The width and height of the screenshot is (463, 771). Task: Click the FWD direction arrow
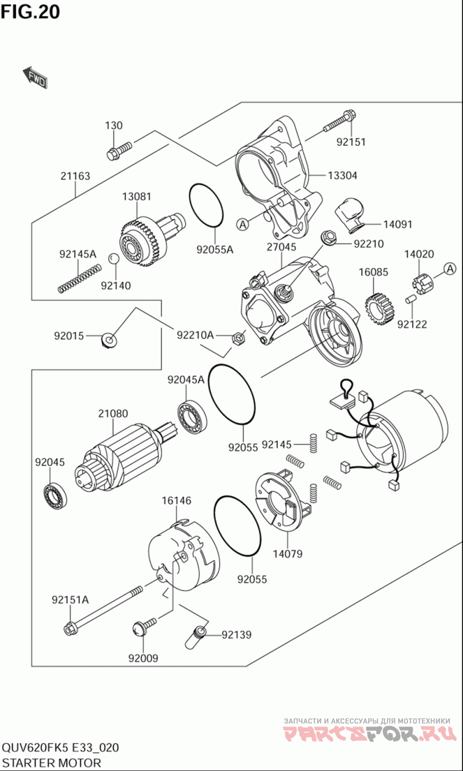(x=35, y=78)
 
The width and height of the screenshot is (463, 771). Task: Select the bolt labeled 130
(x=119, y=150)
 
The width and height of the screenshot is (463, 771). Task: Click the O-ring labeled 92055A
(x=206, y=206)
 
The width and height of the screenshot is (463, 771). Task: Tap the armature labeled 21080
(x=122, y=457)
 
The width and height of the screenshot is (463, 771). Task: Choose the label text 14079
(x=287, y=554)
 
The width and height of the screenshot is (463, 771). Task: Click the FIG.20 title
(x=30, y=12)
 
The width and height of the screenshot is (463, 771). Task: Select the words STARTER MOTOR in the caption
(x=52, y=763)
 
